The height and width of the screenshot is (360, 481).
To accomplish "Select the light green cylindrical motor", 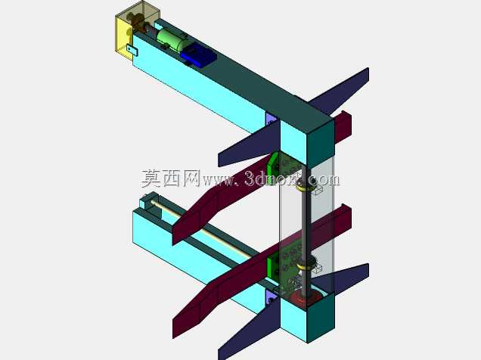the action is click(x=172, y=40).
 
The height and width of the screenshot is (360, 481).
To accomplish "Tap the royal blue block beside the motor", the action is click(x=198, y=55).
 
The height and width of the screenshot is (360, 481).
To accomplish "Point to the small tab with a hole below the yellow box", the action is click(x=132, y=50).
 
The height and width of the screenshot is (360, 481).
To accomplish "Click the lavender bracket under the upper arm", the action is click(x=272, y=119).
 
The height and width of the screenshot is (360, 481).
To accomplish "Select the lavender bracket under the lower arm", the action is click(x=270, y=297).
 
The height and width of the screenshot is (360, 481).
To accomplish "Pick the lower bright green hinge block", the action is click(x=272, y=267).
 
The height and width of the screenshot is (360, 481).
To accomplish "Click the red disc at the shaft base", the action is click(x=305, y=298).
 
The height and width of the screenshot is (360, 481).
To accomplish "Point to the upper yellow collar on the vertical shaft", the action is click(x=305, y=188).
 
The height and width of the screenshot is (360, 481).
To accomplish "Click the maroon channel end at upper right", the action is click(x=343, y=126).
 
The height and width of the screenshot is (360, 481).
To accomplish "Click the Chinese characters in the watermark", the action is click(x=171, y=178).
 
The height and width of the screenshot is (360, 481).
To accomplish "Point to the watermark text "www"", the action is click(x=217, y=181).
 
